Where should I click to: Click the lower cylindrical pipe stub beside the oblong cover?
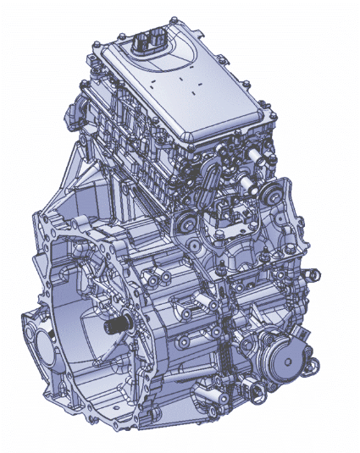pyautogui.click(x=246, y=183)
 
